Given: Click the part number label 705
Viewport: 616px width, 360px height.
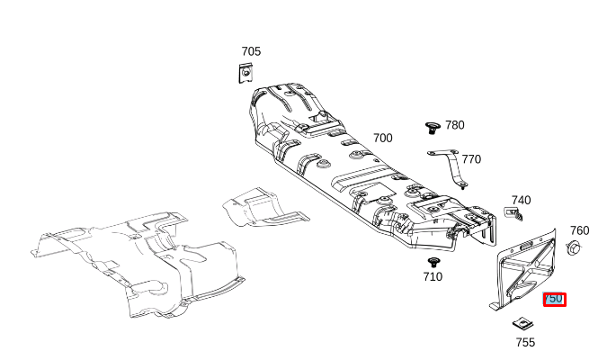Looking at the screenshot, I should [x=251, y=51].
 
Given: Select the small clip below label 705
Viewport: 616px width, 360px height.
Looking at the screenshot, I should [x=245, y=74].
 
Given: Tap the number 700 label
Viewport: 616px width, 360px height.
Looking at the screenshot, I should [x=383, y=138].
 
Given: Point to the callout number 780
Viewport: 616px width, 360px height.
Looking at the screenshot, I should [x=455, y=125].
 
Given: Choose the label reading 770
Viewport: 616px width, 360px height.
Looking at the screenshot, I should [x=471, y=159].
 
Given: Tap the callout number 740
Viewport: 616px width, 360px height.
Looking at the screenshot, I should [x=521, y=200].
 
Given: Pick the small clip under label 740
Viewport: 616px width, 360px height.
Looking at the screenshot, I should [x=515, y=214].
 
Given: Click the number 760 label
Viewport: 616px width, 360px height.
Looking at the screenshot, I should [x=579, y=230].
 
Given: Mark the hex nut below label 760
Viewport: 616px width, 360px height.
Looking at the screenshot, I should [x=574, y=247].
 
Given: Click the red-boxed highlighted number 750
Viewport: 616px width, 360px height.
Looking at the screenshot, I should [x=554, y=299].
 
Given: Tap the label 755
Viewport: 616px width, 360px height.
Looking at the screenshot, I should [x=525, y=342].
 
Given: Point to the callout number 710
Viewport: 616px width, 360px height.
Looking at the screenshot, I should [x=433, y=276].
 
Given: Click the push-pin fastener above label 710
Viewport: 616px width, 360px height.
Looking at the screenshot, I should [x=433, y=261].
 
